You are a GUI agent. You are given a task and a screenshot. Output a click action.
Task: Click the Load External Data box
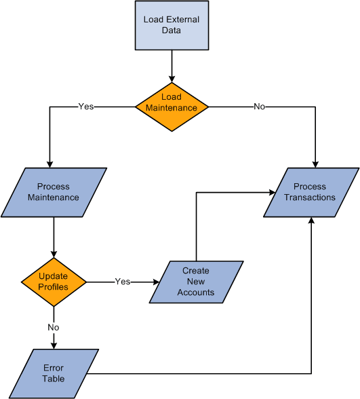[172, 25]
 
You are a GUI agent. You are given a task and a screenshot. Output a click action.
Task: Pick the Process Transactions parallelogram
[310, 192]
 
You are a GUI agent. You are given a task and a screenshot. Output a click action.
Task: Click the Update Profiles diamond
[53, 281]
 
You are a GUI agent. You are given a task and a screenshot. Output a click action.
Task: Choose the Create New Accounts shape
[196, 281]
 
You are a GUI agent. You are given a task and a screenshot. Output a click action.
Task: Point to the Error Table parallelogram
[54, 373]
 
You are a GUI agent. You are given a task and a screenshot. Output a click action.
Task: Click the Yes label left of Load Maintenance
[86, 107]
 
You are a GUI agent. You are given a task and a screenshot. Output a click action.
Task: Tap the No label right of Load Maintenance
[259, 107]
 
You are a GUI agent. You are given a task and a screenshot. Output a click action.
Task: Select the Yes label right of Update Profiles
[123, 281]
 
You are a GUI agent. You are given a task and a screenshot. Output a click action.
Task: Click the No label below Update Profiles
[53, 326]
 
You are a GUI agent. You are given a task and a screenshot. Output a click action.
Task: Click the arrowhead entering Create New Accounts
[155, 281]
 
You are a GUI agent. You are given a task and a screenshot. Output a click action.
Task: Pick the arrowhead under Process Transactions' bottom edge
[311, 221]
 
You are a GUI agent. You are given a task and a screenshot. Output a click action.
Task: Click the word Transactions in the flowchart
[310, 197]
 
